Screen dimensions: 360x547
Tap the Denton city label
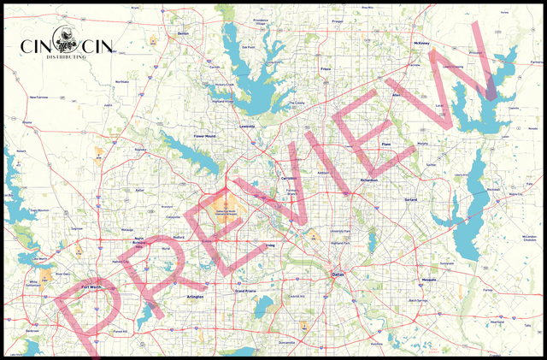[181, 33]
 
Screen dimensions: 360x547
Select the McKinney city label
[421, 42]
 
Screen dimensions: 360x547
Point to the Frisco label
[325, 68]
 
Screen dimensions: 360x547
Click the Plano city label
[385, 145]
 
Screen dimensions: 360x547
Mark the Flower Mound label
[205, 136]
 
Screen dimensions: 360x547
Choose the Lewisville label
[247, 126]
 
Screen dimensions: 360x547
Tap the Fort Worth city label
[91, 286]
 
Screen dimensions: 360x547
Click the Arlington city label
[195, 296]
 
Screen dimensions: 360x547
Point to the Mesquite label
[428, 280]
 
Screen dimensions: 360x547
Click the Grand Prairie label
[245, 292]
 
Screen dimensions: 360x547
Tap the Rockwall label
[492, 189]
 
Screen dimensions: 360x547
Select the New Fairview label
[39, 97]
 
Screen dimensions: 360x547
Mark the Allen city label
[396, 94]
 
